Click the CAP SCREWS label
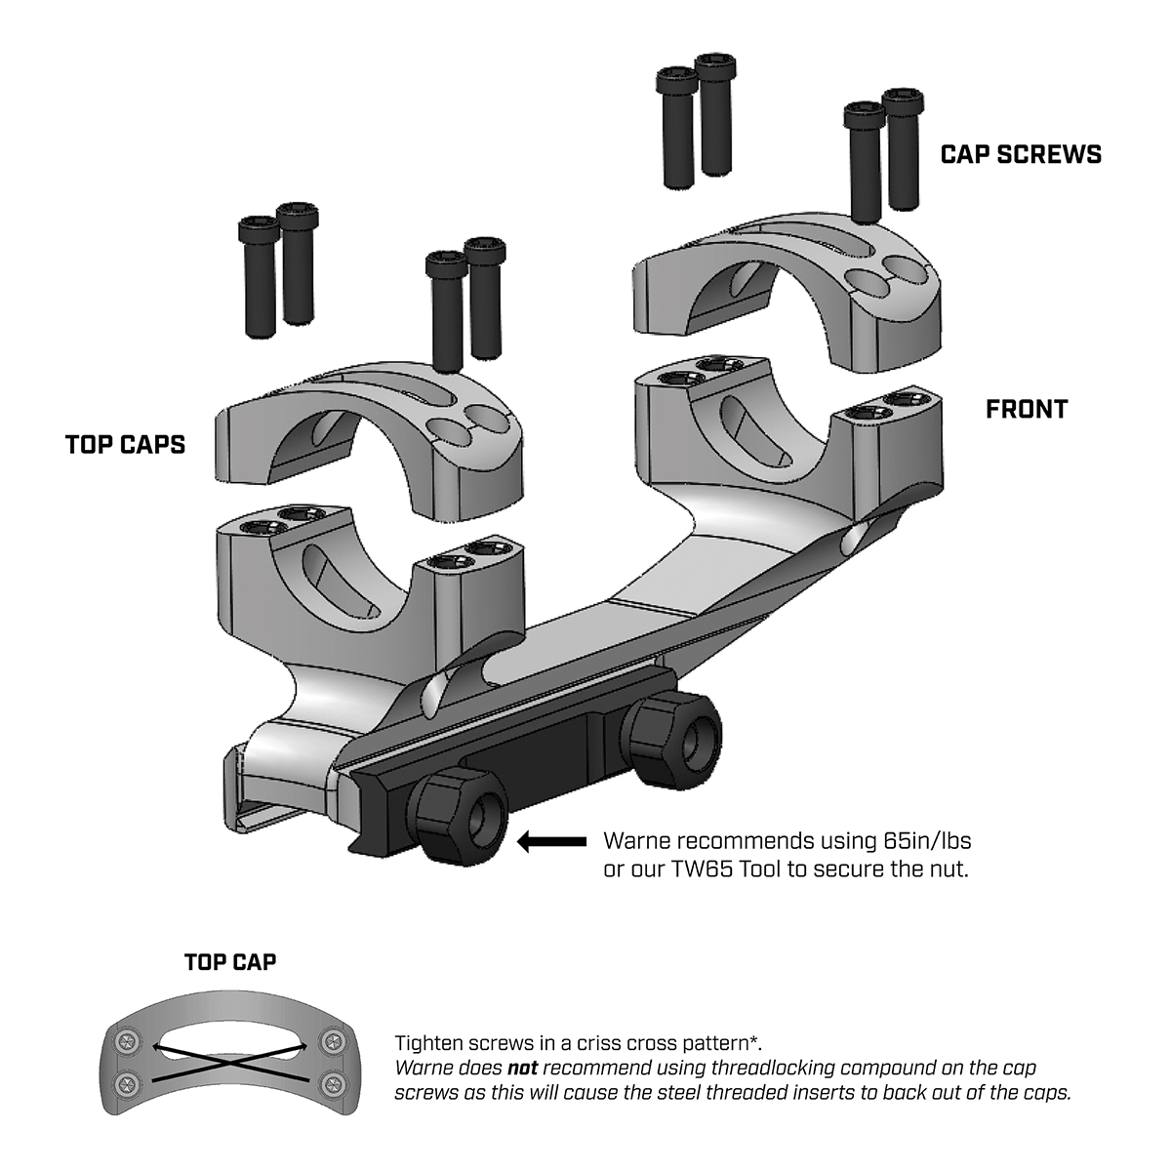[x=1021, y=154]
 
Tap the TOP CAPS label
[x=125, y=445]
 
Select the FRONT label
[x=1027, y=409]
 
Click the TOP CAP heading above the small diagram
[x=230, y=962]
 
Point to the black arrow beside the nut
[x=550, y=841]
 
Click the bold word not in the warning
[x=523, y=1068]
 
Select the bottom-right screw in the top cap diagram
[x=335, y=1083]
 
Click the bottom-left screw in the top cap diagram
[x=127, y=1083]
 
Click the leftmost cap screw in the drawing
[x=258, y=277]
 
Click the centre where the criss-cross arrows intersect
[x=230, y=1059]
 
